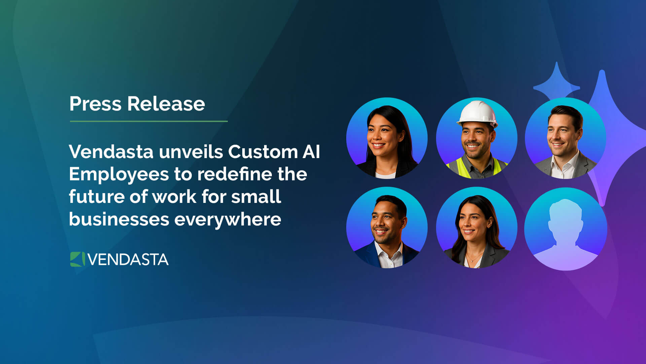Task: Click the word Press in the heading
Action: pyautogui.click(x=95, y=103)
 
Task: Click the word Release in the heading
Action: pyautogui.click(x=166, y=103)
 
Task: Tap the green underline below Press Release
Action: pyautogui.click(x=149, y=121)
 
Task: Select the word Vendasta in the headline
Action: pyautogui.click(x=111, y=152)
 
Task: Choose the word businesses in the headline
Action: pyautogui.click(x=119, y=219)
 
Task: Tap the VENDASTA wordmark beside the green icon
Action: pyautogui.click(x=128, y=260)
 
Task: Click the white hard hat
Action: pyautogui.click(x=477, y=114)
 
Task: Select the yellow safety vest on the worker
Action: pyautogui.click(x=477, y=168)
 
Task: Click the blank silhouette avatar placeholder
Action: pyautogui.click(x=566, y=229)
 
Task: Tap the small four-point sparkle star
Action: pyautogui.click(x=557, y=83)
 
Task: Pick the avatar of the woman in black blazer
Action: pyautogui.click(x=387, y=138)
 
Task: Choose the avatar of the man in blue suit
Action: pyautogui.click(x=387, y=228)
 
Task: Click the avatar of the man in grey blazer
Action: pyautogui.click(x=566, y=138)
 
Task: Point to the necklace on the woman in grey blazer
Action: pyautogui.click(x=474, y=259)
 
